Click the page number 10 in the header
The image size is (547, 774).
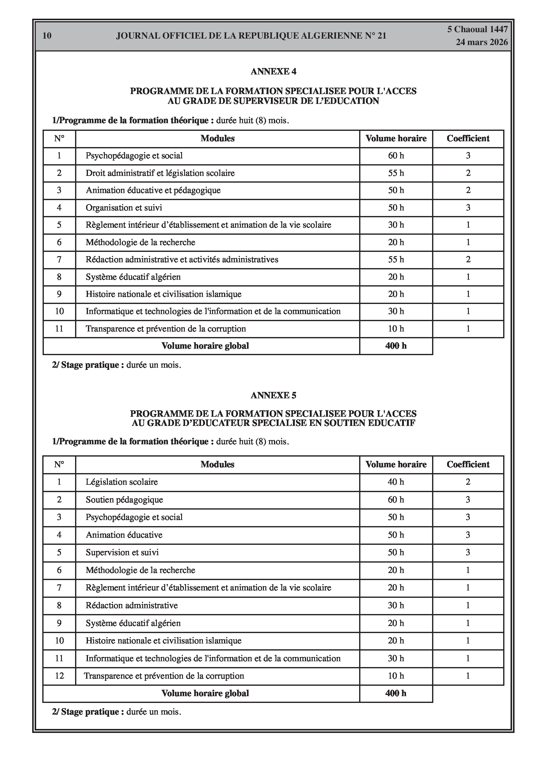tap(47, 36)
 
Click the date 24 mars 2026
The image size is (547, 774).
tap(482, 42)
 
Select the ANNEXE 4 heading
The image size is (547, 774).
tap(273, 71)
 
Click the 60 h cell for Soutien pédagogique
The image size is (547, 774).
tap(396, 499)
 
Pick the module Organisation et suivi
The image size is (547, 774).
tap(124, 208)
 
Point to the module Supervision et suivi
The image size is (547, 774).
tap(122, 552)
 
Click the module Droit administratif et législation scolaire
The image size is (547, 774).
tap(160, 173)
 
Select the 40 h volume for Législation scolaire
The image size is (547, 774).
tap(396, 482)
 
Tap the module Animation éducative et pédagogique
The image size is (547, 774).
tap(153, 191)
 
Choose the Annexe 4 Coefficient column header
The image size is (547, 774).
tap(468, 138)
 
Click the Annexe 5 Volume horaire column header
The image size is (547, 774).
tap(396, 465)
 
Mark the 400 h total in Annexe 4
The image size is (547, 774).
tap(396, 346)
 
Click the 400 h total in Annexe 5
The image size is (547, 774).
tap(396, 693)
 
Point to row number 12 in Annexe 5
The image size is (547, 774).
tap(59, 676)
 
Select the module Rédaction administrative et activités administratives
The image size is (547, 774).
tap(182, 260)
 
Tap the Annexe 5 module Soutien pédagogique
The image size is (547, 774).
tap(124, 499)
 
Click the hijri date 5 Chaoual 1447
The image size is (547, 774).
tap(477, 29)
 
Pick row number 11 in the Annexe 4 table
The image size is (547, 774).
tap(59, 329)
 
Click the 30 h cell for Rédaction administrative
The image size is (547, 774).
tap(396, 605)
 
